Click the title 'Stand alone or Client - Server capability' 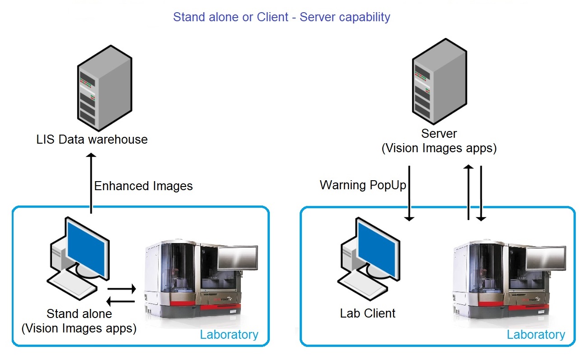[x=282, y=18]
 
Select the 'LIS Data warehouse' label [x=92, y=139]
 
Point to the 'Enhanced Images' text [x=143, y=186]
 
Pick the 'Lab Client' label [x=368, y=313]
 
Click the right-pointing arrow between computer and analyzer [x=122, y=288]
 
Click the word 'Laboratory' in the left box [x=229, y=335]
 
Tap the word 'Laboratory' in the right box [x=536, y=335]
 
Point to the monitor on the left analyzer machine [x=237, y=259]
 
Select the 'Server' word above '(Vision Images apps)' [x=439, y=134]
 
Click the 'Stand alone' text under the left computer [x=79, y=313]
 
